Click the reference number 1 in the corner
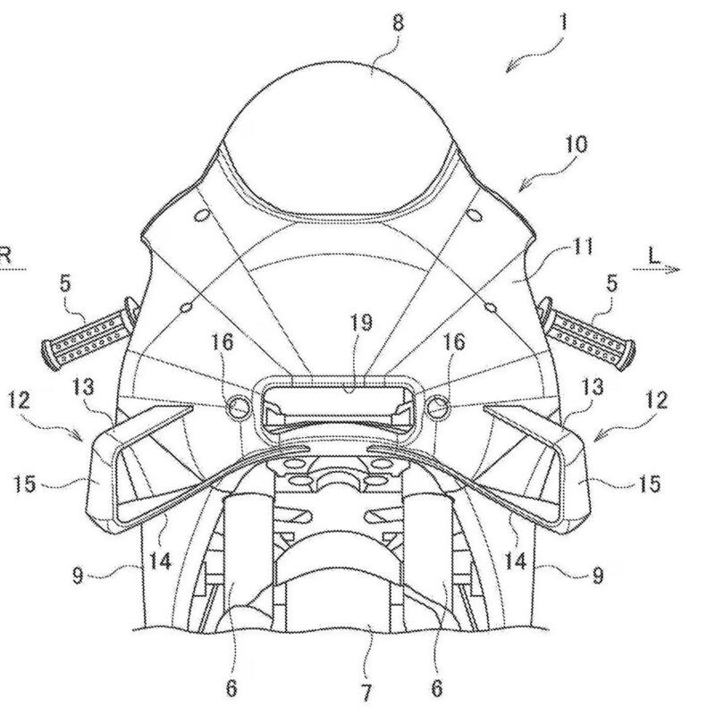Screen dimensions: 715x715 point(564,21)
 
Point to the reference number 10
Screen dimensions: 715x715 point(576,145)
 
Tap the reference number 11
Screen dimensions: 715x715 point(583,247)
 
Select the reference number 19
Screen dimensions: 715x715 point(361,323)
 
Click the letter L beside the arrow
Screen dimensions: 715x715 point(654,256)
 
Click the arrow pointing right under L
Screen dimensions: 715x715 point(657,270)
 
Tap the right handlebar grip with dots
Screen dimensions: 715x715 point(588,335)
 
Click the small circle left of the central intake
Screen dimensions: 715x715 point(240,407)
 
